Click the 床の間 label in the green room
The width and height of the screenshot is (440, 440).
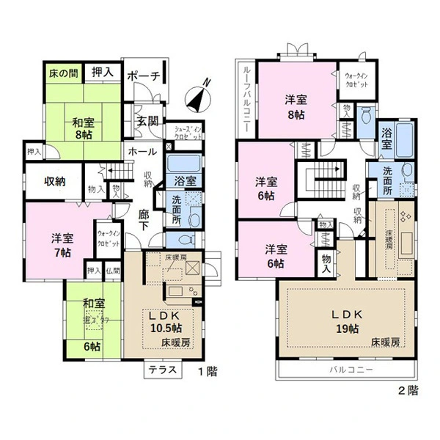(63, 73)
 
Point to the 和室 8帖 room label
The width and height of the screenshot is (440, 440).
(83, 129)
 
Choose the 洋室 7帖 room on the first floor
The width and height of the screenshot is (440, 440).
(62, 244)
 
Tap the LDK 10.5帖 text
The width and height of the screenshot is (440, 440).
(165, 322)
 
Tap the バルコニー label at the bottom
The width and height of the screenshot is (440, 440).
(351, 370)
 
